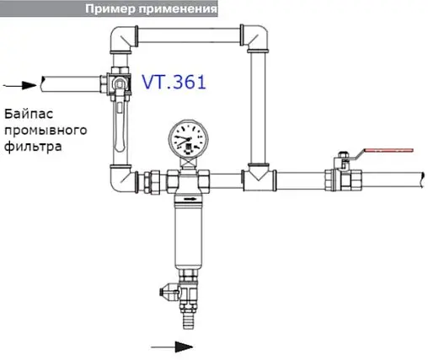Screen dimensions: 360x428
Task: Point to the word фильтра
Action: pos(30,145)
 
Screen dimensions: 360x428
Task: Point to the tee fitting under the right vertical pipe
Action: pos(256,178)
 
